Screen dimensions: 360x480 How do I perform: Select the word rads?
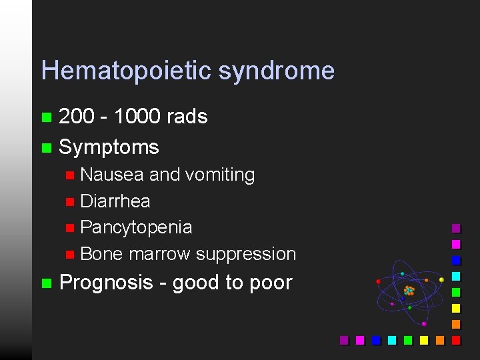click(187, 117)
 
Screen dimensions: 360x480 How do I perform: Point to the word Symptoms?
click(109, 147)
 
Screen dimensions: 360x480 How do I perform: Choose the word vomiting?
click(220, 175)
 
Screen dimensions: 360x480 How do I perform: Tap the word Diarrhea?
click(115, 201)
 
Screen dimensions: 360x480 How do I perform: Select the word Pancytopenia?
click(136, 227)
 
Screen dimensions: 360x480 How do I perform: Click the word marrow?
click(160, 254)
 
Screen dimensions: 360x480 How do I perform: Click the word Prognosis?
click(106, 283)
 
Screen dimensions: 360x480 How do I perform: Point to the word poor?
click(271, 283)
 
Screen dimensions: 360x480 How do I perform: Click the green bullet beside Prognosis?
click(46, 283)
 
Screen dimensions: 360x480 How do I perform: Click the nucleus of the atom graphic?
click(409, 291)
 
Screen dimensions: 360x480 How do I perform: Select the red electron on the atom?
click(378, 281)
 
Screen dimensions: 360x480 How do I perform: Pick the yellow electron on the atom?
click(441, 280)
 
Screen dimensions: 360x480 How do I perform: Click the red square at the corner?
click(457, 340)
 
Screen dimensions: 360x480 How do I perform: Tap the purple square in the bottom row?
click(345, 340)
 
